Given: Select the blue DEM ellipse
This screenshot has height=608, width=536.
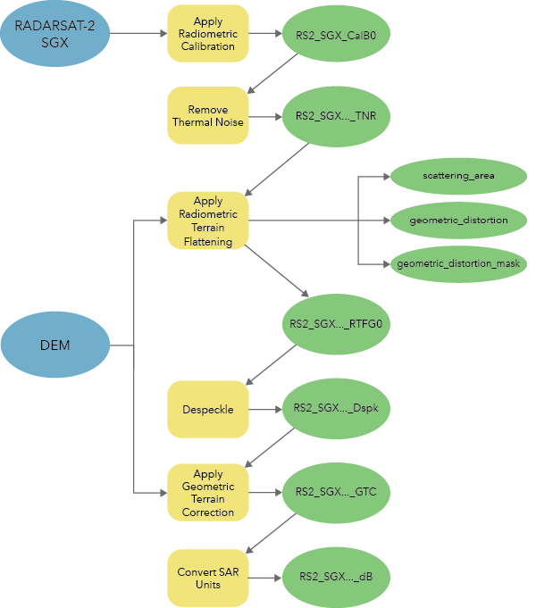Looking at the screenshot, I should tap(55, 345).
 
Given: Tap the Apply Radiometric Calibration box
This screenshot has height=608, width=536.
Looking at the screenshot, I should tap(208, 33).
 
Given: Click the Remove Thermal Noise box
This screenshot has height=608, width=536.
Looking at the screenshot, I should tap(208, 116).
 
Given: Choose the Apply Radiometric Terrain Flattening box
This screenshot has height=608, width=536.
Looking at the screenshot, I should tap(208, 221).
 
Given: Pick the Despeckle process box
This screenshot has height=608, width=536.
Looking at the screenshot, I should tap(208, 410).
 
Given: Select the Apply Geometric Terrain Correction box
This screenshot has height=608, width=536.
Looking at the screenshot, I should tap(208, 493).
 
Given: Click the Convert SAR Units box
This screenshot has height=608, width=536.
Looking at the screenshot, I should tap(208, 578).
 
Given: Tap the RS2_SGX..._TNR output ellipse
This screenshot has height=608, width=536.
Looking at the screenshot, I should tap(336, 116).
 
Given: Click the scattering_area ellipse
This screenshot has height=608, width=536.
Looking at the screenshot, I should tap(459, 175).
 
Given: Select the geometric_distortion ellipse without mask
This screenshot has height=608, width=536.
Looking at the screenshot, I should tap(459, 220).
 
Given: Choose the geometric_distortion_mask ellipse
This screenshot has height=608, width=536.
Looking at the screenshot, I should tap(459, 264).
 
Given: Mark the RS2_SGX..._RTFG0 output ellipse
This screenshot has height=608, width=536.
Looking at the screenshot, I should tap(336, 323).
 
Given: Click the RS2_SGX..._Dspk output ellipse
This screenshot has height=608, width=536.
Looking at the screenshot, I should tap(336, 410).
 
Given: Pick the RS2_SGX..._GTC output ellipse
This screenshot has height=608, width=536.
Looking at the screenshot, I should tap(336, 492).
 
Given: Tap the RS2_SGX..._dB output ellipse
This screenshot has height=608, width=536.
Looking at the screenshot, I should tap(336, 578).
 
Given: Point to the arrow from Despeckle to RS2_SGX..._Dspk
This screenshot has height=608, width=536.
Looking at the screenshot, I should tap(265, 410).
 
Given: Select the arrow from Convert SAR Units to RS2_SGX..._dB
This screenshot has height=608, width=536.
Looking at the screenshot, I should tap(265, 578).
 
